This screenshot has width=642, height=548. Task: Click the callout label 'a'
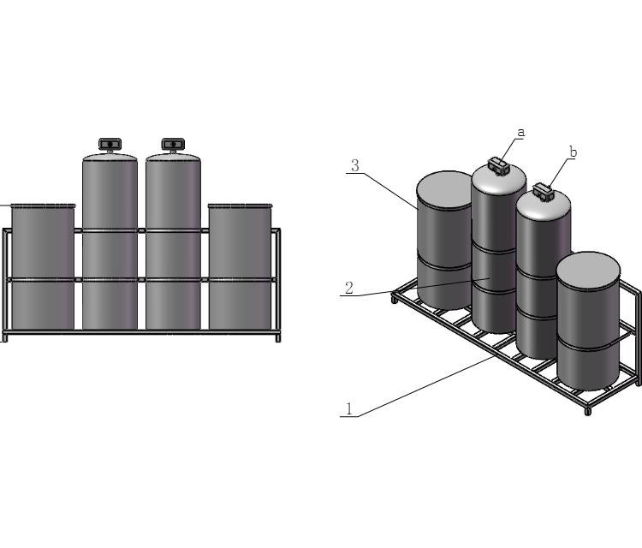click(x=520, y=133)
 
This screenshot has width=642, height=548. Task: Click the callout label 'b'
click(x=573, y=152)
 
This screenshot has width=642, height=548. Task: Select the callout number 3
click(x=354, y=165)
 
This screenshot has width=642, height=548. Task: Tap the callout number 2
click(x=348, y=288)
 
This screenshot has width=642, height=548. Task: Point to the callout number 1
click(x=348, y=408)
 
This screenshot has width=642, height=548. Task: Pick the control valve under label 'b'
click(x=543, y=191)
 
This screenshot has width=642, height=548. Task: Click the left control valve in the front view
click(x=110, y=144)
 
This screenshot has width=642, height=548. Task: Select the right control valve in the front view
click(x=173, y=144)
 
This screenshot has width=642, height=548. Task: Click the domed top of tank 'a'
click(x=499, y=179)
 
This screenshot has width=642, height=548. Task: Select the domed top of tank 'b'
click(x=544, y=205)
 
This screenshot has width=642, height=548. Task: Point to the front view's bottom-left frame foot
click(x=4, y=337)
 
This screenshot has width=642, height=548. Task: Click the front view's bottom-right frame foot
click(x=278, y=337)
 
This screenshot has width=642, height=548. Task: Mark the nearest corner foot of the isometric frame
click(x=588, y=411)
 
